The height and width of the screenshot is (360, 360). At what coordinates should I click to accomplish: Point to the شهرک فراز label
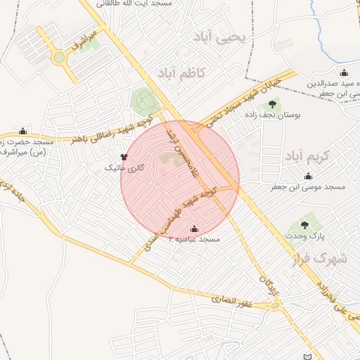tap(327, 259)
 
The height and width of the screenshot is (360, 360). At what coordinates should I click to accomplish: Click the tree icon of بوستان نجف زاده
tap(272, 105)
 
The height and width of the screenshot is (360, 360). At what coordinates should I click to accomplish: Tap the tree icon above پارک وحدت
tap(304, 225)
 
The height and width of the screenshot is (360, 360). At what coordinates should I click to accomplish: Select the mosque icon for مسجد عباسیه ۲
tap(194, 229)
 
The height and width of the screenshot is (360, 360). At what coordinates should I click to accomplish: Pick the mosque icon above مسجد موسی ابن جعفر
tap(307, 176)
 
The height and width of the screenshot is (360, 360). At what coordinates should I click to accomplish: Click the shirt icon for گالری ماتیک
tap(124, 157)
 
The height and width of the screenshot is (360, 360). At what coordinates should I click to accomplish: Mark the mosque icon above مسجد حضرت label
tap(22, 131)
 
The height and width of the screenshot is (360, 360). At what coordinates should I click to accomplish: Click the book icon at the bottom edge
tap(305, 356)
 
